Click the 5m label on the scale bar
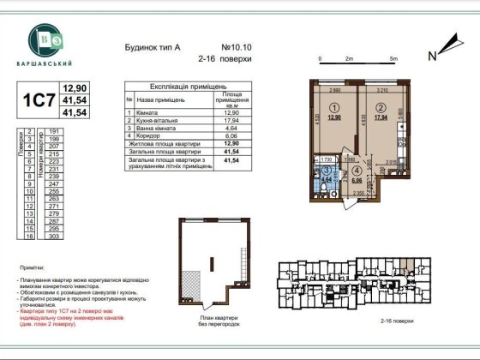point(392,58)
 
